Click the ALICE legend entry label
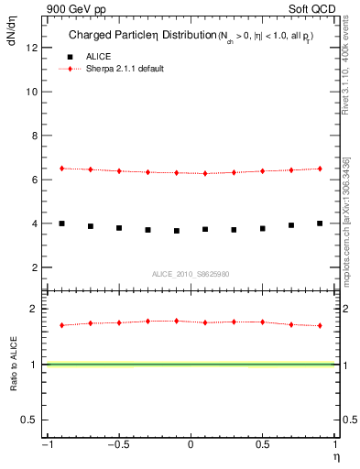tap(99, 57)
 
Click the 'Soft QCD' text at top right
tap(312, 8)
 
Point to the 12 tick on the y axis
tap(33, 48)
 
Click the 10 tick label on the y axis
tap(33, 92)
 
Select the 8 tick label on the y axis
tap(36, 136)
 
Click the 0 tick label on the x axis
tap(191, 444)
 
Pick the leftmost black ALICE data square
tap(61, 224)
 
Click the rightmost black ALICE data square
tap(320, 224)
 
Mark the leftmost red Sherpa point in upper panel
tap(61, 169)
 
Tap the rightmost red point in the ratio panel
tap(320, 325)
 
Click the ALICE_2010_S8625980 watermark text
tap(191, 274)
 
